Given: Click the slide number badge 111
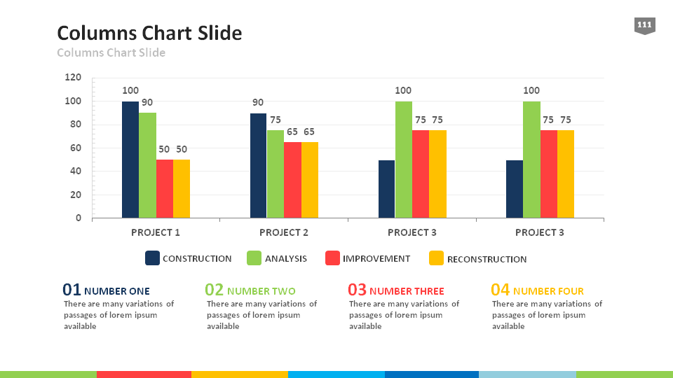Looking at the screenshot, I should [x=644, y=26].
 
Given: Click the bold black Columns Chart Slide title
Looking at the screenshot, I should [x=149, y=33].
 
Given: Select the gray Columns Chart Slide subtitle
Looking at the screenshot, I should [x=111, y=52].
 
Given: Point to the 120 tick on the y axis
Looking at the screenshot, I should [x=73, y=78].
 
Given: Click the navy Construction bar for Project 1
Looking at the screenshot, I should [x=130, y=160].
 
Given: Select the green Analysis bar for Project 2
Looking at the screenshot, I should [x=276, y=174].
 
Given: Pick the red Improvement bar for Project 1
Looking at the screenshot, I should [x=165, y=188].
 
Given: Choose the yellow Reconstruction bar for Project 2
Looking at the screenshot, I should [x=310, y=180].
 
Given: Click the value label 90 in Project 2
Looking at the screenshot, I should [x=259, y=103].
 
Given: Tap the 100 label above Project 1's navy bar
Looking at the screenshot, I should [x=130, y=90].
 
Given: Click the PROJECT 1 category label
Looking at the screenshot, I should [x=156, y=232].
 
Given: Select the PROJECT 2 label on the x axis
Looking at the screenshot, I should [x=284, y=232].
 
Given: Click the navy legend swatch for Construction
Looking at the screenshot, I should [x=152, y=258].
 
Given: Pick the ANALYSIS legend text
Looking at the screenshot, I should [x=286, y=259].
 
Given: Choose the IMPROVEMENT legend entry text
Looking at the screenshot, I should [x=376, y=259].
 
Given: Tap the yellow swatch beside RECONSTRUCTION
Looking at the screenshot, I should [x=436, y=258].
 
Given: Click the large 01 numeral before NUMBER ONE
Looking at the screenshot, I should [x=72, y=290].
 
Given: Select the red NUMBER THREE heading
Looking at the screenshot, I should [x=407, y=291].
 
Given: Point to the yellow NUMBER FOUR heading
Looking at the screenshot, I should [x=548, y=291].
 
